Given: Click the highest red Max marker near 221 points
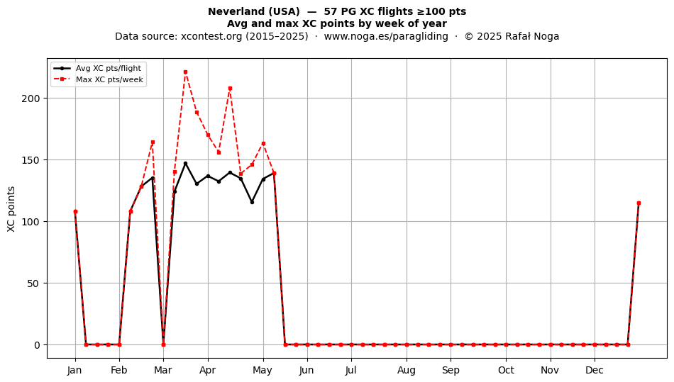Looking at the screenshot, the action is point(186,72).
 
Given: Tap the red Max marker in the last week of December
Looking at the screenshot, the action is point(639,203).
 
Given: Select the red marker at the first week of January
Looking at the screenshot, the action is point(76,212).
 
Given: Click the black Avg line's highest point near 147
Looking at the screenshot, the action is point(186,164).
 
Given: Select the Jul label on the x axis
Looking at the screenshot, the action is point(351,370).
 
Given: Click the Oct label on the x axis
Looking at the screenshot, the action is point(506,370).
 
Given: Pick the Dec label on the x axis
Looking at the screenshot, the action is point(595,370).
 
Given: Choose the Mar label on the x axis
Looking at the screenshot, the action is point(163,370).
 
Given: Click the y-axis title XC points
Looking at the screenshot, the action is point(11,209).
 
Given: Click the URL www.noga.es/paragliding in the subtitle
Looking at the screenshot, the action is point(386,36).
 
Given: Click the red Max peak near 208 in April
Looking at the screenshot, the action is point(230,89).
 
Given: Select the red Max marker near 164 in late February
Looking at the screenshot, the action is point(153,142).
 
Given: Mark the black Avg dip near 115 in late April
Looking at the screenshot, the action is point(252,202).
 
